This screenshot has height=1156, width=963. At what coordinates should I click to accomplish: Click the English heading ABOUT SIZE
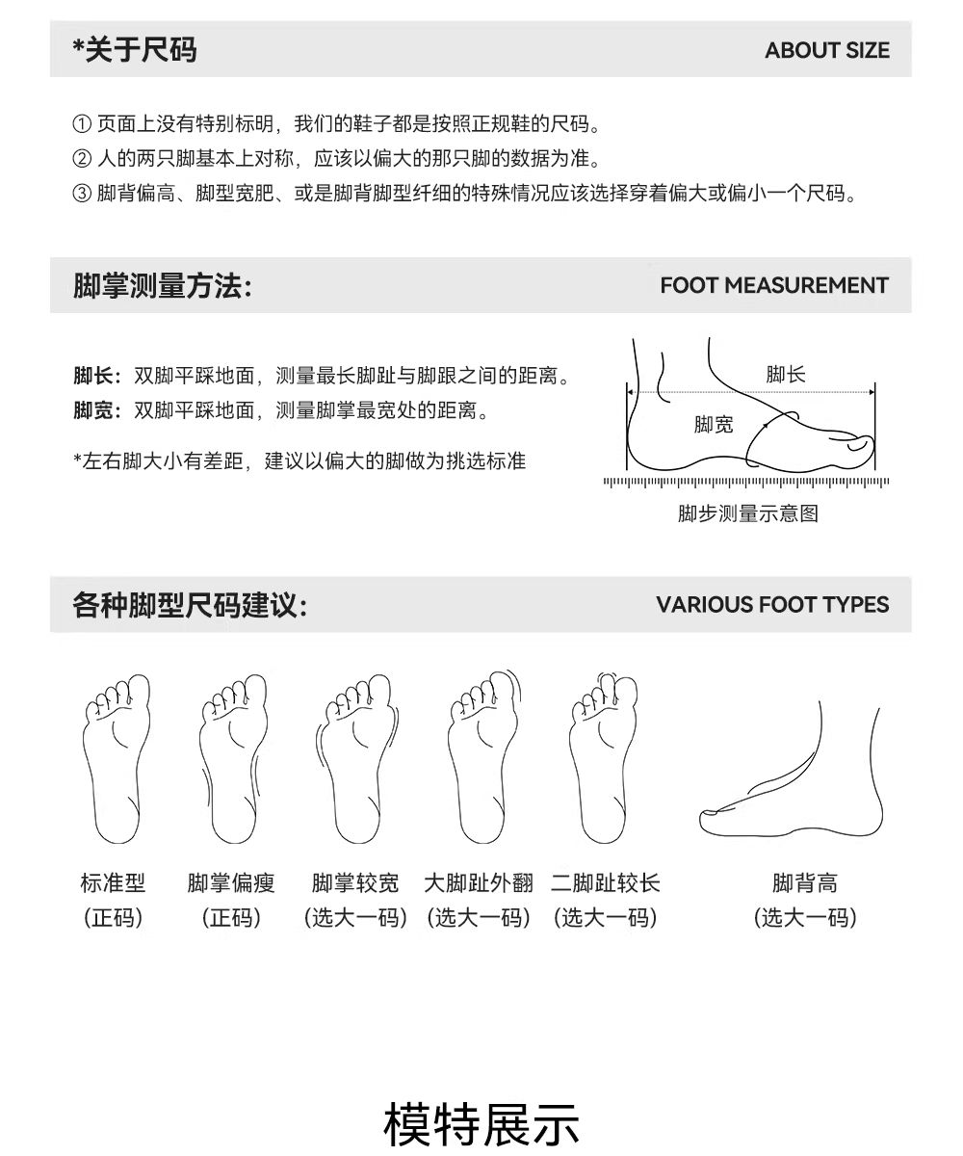click(x=827, y=50)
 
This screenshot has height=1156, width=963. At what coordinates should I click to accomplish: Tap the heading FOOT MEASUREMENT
click(x=774, y=286)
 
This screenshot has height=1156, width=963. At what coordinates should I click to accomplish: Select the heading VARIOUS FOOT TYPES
click(x=772, y=605)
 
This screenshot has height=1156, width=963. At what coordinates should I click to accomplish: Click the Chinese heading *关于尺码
click(x=135, y=50)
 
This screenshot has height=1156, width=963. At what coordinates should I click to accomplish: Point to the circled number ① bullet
click(x=82, y=123)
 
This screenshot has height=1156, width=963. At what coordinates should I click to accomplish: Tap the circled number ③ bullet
click(x=82, y=194)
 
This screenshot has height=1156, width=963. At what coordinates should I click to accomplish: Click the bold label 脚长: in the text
click(x=97, y=376)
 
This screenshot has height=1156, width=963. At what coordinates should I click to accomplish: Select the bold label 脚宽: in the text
click(x=97, y=410)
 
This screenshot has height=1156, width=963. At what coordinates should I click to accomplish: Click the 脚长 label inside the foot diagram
click(x=786, y=375)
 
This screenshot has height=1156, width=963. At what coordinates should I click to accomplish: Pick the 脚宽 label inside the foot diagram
click(x=714, y=425)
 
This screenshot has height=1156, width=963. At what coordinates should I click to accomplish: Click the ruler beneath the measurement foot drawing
click(x=746, y=483)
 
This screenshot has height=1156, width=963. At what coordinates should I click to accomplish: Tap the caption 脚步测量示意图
click(x=747, y=513)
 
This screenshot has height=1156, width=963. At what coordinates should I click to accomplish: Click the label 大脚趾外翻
click(x=479, y=883)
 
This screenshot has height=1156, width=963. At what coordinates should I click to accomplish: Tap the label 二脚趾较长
click(x=606, y=883)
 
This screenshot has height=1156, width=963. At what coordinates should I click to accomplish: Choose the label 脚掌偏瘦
click(x=231, y=883)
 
